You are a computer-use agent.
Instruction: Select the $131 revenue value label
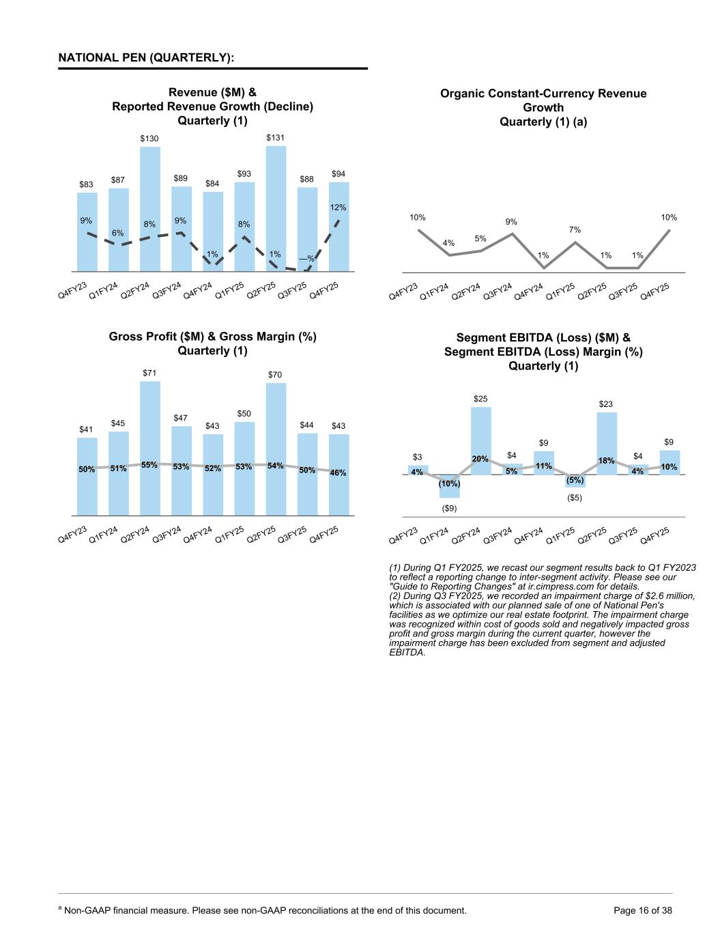click(275, 137)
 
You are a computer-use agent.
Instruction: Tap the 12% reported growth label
click(339, 207)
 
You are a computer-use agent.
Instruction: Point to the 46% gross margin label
click(339, 472)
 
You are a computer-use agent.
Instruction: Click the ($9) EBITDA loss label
click(449, 508)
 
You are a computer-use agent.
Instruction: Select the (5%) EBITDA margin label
click(575, 480)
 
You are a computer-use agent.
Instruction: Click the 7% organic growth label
click(575, 230)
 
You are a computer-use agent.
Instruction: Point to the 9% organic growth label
click(511, 221)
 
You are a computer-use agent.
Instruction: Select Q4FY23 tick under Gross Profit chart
click(73, 534)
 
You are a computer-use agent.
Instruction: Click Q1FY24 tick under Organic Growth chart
click(435, 292)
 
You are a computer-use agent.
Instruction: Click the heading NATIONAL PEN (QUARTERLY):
click(146, 57)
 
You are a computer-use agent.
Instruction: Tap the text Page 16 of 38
click(643, 910)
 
